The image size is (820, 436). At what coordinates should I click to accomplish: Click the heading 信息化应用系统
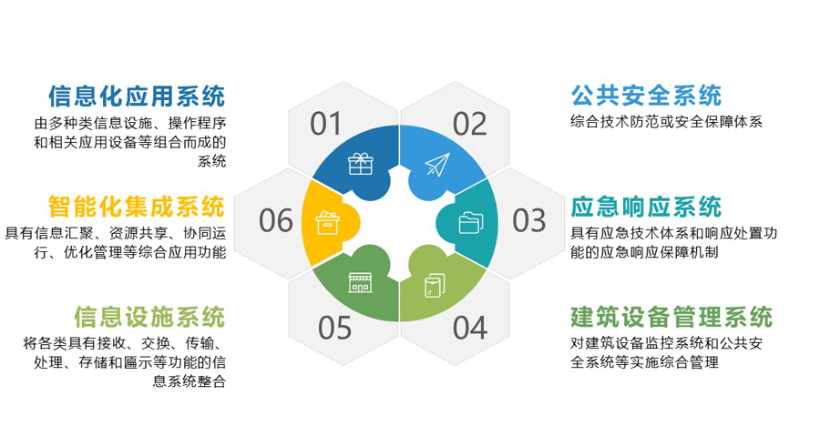point(137,96)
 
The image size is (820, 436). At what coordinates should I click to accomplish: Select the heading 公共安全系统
point(646,96)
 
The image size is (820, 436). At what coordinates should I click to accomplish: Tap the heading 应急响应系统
point(646,207)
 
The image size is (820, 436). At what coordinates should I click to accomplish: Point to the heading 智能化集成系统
point(137,207)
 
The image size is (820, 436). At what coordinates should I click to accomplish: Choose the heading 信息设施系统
point(149,317)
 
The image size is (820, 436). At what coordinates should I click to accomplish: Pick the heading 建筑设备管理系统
point(671,317)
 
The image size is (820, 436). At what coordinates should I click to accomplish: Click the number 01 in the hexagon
point(325,125)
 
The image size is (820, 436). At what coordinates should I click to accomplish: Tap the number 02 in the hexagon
point(469,125)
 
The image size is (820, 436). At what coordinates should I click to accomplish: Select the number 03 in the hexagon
point(529,220)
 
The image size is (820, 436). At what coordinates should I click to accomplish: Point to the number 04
point(469,329)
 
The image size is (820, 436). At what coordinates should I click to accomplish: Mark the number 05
point(334,329)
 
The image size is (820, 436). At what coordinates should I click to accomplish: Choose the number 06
point(275,220)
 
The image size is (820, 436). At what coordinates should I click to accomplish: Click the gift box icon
point(361,164)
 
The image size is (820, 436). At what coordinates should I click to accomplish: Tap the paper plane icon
point(437,164)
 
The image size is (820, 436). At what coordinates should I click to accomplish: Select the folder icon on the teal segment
point(471,222)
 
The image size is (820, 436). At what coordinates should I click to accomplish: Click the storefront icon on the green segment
point(361,282)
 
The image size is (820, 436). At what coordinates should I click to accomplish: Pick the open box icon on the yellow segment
point(328,222)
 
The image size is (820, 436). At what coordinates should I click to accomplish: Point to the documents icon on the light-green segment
point(435,285)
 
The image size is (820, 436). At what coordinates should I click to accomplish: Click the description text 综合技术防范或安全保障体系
point(666,122)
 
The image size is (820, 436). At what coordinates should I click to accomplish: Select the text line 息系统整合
point(190,380)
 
